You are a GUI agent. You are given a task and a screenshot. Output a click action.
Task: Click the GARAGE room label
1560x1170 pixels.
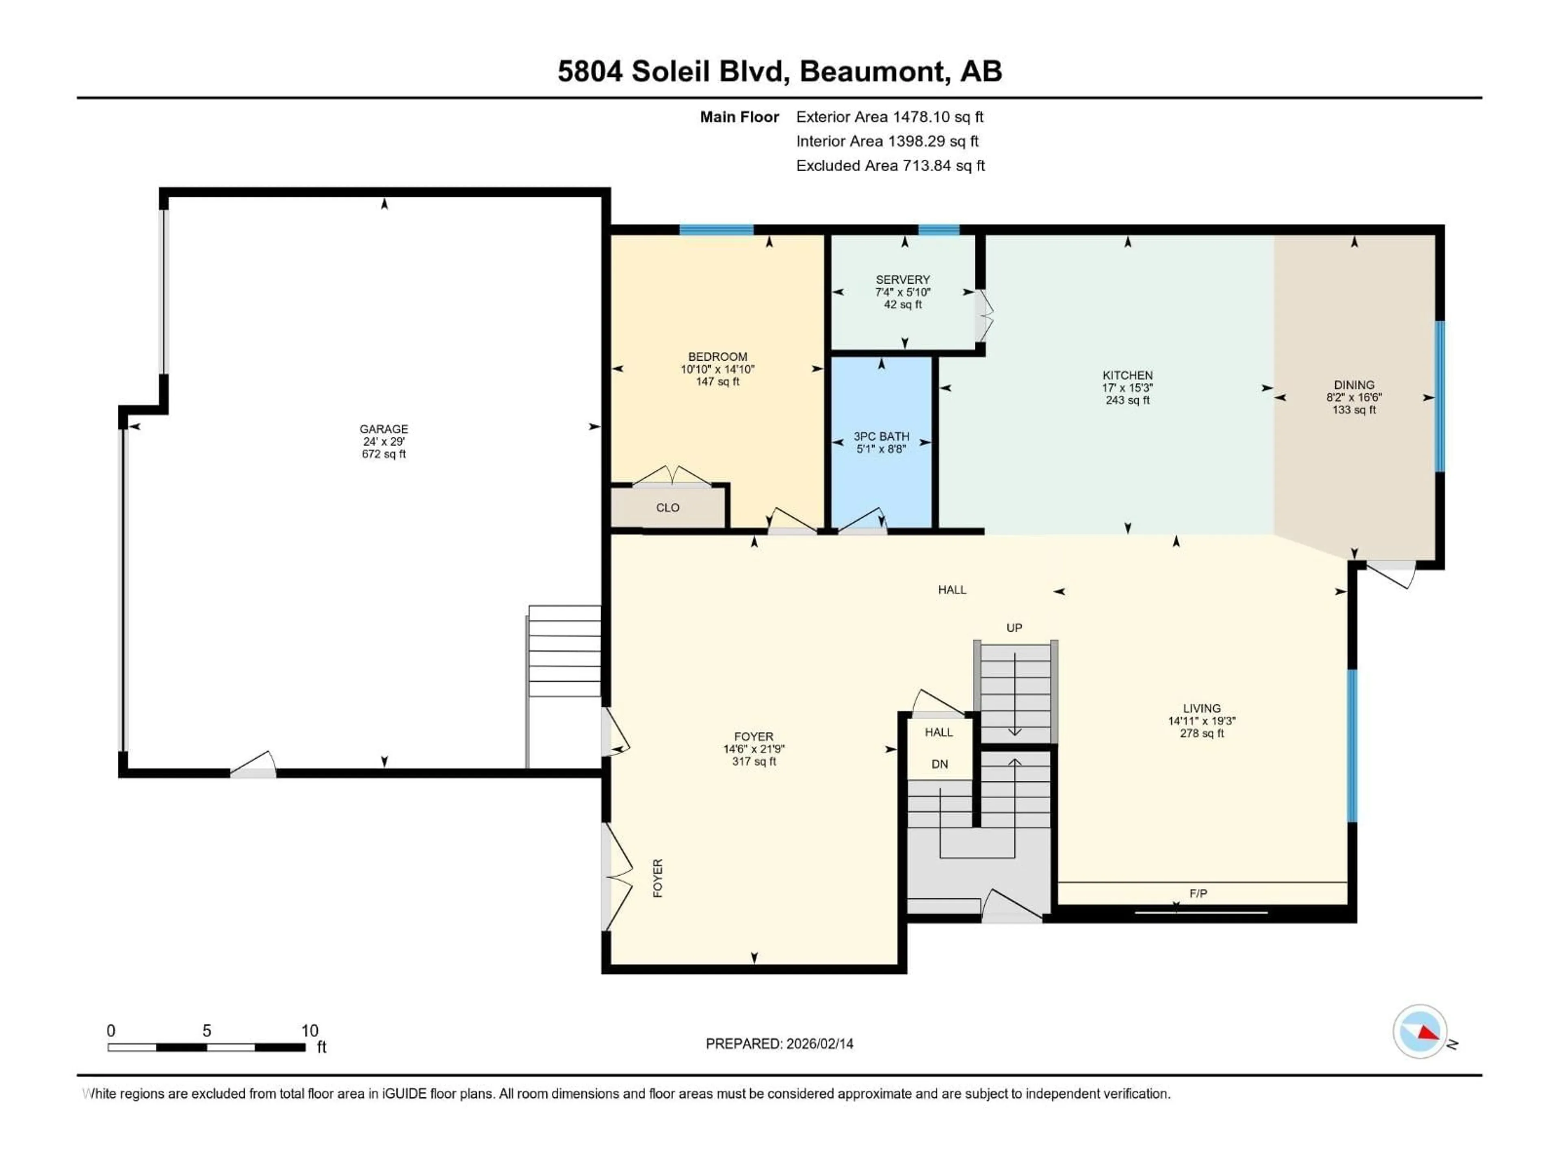coord(383,429)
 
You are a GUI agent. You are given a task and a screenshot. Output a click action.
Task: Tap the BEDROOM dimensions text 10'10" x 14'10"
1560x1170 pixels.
coord(717,369)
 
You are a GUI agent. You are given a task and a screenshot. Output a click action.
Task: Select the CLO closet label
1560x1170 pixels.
coord(667,508)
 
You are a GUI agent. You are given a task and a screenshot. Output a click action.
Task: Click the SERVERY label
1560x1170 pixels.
coord(903,279)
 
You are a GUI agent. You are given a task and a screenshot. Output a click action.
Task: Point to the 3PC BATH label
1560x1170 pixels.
coord(881,437)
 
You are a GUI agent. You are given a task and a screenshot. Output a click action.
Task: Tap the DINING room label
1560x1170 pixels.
coord(1353,385)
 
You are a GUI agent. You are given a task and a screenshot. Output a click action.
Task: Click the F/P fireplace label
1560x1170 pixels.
coord(1198,893)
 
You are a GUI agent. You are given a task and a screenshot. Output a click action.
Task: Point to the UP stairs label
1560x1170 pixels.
coord(1014,628)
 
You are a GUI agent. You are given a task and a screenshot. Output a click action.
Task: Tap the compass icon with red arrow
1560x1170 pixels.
coord(1420,1032)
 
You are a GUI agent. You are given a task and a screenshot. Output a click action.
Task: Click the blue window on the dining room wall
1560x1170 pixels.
coord(1439,396)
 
